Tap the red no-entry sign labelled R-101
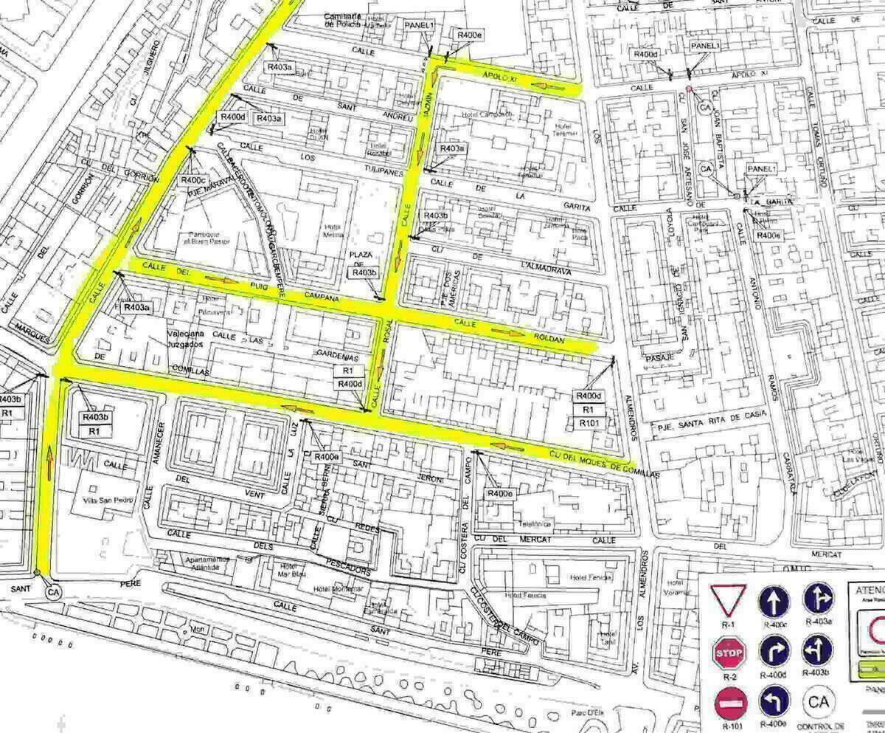tap(730, 703)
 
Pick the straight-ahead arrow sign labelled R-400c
tap(774, 602)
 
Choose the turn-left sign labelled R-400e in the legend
tap(774, 702)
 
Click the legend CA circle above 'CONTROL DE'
tap(819, 702)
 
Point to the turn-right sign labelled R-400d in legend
tap(774, 651)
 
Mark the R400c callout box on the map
tap(193, 179)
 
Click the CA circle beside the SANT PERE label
tap(52, 592)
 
